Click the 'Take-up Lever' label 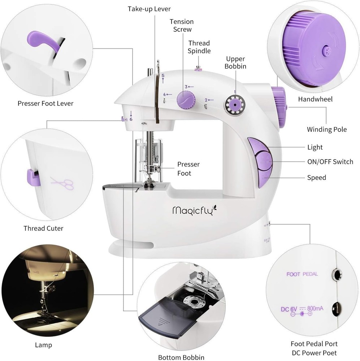[x=149, y=9]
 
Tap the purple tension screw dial [x=186, y=99]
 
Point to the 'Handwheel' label [x=315, y=99]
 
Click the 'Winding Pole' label [x=326, y=129]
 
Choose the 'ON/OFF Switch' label [x=330, y=162]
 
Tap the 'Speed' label [x=316, y=178]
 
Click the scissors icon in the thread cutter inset [x=62, y=184]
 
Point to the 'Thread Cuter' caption [x=43, y=228]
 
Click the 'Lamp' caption [x=43, y=345]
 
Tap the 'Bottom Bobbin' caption [x=181, y=358]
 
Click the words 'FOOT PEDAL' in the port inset [x=302, y=274]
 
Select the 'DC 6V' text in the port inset [x=289, y=309]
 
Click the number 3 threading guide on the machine [x=186, y=87]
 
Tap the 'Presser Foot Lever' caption [x=45, y=104]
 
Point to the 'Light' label [x=315, y=147]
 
